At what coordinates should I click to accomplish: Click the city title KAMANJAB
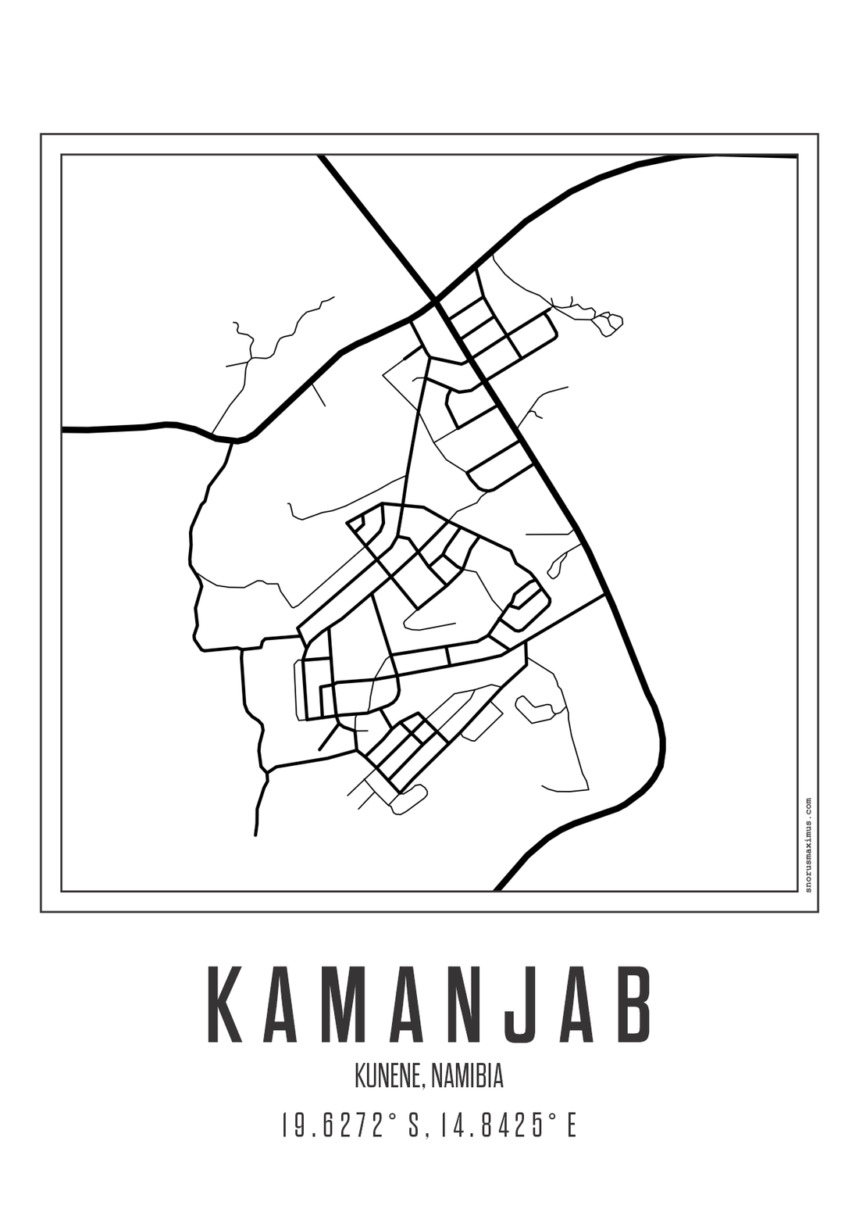[x=429, y=1004]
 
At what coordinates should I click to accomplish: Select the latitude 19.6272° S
[x=351, y=1126]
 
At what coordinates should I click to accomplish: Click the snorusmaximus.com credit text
[x=807, y=844]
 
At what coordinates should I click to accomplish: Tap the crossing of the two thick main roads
[x=435, y=300]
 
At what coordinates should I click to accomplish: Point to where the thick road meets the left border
[x=63, y=429]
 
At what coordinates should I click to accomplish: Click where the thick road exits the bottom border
[x=497, y=889]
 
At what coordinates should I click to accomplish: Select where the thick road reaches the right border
[x=796, y=156]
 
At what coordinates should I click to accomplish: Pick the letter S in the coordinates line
[x=414, y=1126]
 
